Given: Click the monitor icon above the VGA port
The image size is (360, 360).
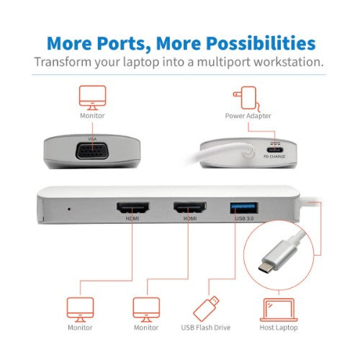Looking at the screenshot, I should [92, 96].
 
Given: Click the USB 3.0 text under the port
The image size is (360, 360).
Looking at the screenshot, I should [243, 219].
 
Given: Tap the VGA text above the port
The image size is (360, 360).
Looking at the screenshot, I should [91, 138].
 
